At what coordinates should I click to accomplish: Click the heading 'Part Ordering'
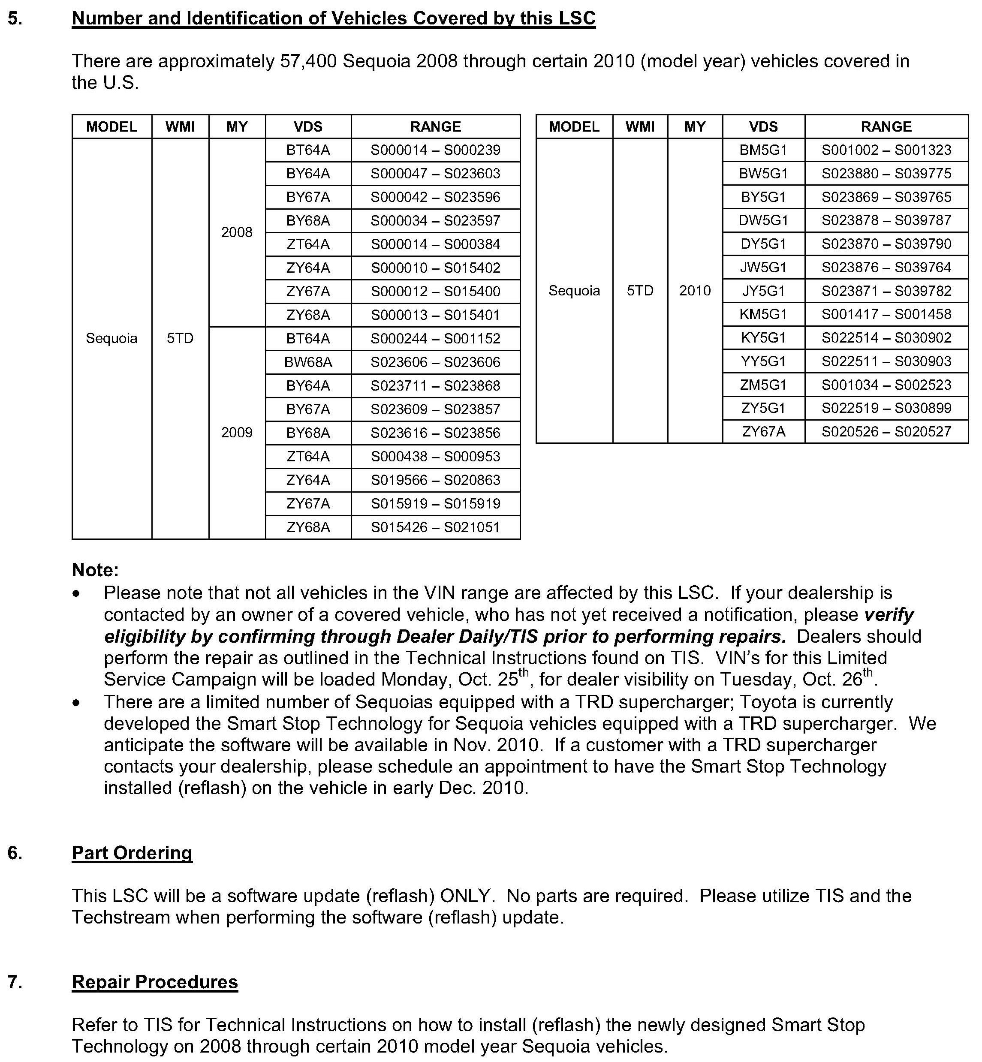click(x=132, y=853)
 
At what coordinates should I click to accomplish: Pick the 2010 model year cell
click(x=695, y=291)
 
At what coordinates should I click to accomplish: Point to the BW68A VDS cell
click(x=308, y=362)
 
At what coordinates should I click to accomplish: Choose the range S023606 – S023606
click(x=435, y=362)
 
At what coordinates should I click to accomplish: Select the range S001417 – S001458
click(x=886, y=314)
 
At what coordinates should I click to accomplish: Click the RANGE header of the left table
click(x=435, y=126)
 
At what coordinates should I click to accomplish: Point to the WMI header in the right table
click(x=640, y=126)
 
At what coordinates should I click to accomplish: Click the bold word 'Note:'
click(x=95, y=570)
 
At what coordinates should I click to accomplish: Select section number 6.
click(x=15, y=853)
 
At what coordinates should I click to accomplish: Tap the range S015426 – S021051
click(x=435, y=527)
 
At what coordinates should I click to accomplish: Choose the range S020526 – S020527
click(x=886, y=431)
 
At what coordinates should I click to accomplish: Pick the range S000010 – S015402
click(x=435, y=268)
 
